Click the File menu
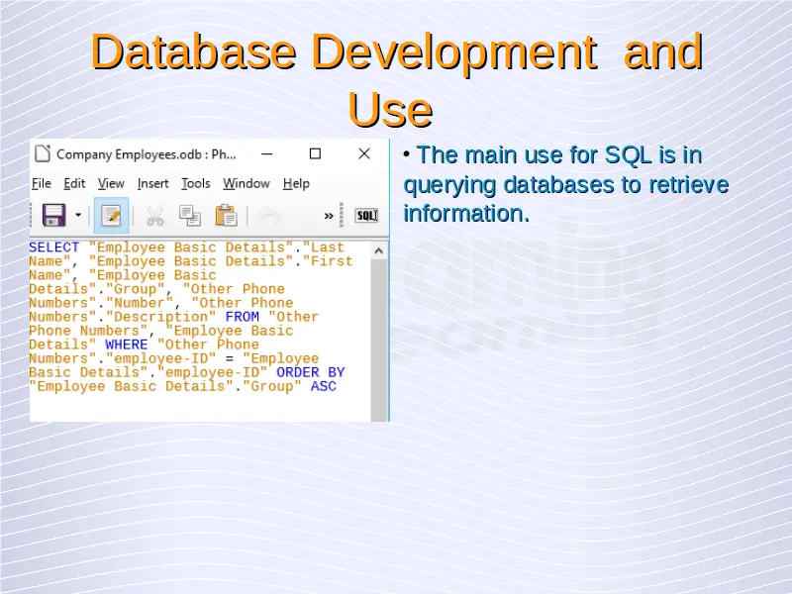pyautogui.click(x=42, y=183)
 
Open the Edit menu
pyautogui.click(x=74, y=183)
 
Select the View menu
pyautogui.click(x=111, y=183)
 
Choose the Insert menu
pyautogui.click(x=153, y=183)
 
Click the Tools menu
pyautogui.click(x=196, y=183)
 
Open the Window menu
pyautogui.click(x=247, y=183)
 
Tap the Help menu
pyautogui.click(x=296, y=183)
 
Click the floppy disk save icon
pyautogui.click(x=54, y=215)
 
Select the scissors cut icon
pyautogui.click(x=155, y=216)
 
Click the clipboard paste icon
pyautogui.click(x=226, y=216)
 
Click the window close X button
pyautogui.click(x=364, y=153)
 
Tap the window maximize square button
pyautogui.click(x=315, y=153)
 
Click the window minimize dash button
pyautogui.click(x=267, y=153)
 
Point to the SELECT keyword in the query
pyautogui.click(x=54, y=247)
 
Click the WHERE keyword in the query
pyautogui.click(x=127, y=345)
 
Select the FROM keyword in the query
pyautogui.click(x=242, y=317)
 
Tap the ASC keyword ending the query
pyautogui.click(x=324, y=386)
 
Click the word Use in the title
pyautogui.click(x=390, y=110)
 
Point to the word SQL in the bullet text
pyautogui.click(x=628, y=155)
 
